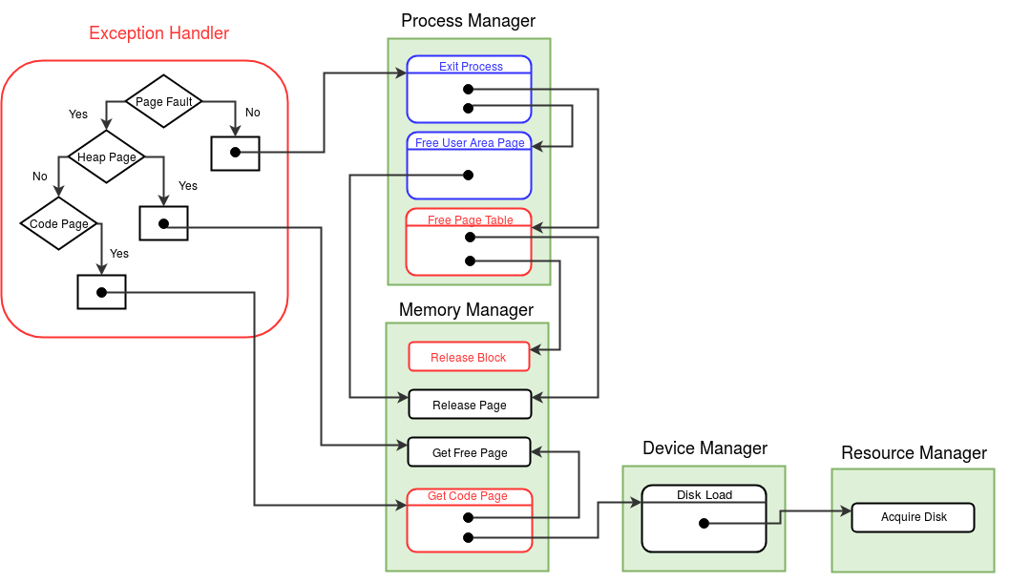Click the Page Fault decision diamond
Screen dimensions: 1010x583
pos(163,101)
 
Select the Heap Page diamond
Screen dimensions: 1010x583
pos(106,157)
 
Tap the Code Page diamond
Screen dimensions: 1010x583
pos(58,223)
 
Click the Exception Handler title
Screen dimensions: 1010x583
pos(159,32)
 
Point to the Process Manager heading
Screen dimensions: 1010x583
pos(469,21)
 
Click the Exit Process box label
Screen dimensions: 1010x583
pos(471,66)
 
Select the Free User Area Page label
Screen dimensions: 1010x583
pos(470,143)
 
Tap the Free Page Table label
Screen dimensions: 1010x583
pos(471,220)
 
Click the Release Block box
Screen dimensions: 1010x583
pos(469,357)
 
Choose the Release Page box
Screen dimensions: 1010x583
pos(470,405)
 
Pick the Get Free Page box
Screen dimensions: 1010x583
pos(470,452)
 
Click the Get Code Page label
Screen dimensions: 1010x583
pos(468,496)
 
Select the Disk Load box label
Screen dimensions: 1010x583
pos(704,495)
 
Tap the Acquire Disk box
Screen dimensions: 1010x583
pos(914,517)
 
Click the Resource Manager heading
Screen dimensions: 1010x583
pos(914,453)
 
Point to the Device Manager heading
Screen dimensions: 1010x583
pos(705,448)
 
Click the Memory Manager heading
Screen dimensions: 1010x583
pos(467,309)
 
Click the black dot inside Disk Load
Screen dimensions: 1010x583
pos(704,523)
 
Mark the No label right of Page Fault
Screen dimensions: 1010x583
pos(252,113)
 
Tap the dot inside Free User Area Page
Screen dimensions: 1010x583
pos(469,175)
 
